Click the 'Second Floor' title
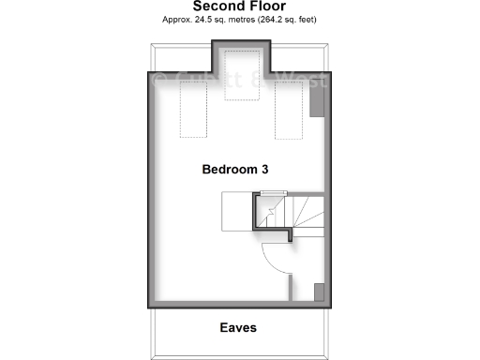(x=239, y=7)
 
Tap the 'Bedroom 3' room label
(x=236, y=170)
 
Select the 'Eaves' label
(x=238, y=328)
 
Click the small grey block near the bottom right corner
(x=319, y=292)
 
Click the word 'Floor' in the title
(x=264, y=7)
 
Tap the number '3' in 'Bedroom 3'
(x=265, y=170)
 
